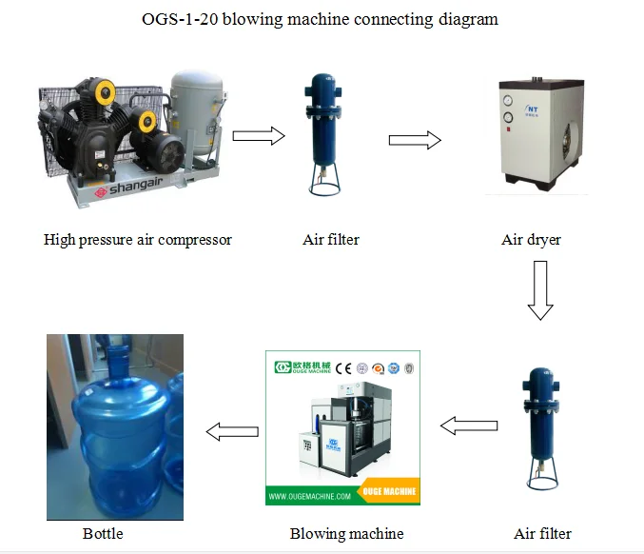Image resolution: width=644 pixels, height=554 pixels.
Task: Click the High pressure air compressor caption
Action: (137, 240)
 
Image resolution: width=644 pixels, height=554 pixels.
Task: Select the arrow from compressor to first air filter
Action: (259, 136)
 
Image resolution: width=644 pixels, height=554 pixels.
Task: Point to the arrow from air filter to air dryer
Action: (415, 140)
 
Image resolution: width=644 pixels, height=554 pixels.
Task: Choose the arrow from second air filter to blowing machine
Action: (470, 425)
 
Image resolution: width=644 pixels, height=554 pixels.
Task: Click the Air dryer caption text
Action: (531, 240)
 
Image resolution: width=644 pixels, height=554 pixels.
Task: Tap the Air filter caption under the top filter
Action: (331, 240)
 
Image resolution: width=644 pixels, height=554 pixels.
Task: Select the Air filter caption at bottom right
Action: (542, 533)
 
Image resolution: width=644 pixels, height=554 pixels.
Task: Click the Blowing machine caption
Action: (346, 533)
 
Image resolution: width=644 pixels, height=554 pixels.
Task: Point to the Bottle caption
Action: (103, 533)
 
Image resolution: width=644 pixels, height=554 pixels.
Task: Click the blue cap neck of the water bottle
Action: (118, 359)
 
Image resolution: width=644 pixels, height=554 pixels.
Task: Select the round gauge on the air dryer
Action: (507, 98)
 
